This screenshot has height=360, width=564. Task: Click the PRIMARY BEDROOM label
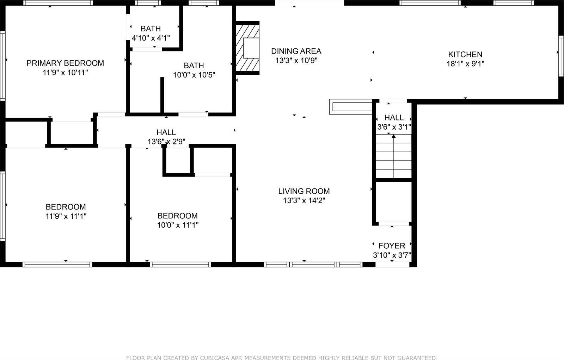tap(65, 63)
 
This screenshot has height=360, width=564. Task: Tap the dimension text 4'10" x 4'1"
tap(151, 38)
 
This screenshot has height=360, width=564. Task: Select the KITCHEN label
tap(465, 54)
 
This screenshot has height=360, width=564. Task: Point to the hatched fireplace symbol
tap(247, 48)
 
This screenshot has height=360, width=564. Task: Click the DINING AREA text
tap(296, 51)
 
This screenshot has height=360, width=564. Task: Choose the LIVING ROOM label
tap(304, 191)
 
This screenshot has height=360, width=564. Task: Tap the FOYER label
tap(392, 246)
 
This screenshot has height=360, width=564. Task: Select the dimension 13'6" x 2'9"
tap(166, 142)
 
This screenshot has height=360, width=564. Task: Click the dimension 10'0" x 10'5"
tap(194, 75)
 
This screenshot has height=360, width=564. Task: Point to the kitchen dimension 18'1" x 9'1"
tap(465, 64)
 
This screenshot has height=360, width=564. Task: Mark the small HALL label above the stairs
tap(394, 117)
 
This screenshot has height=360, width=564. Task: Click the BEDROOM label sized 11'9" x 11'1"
tap(66, 207)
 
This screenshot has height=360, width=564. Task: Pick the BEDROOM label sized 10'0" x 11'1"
tap(177, 216)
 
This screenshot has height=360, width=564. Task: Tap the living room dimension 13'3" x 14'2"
tap(304, 201)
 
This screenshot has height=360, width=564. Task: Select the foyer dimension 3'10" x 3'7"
tap(392, 255)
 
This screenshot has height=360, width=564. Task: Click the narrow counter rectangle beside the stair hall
tap(351, 107)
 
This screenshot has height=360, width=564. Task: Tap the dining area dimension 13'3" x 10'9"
tap(296, 61)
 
